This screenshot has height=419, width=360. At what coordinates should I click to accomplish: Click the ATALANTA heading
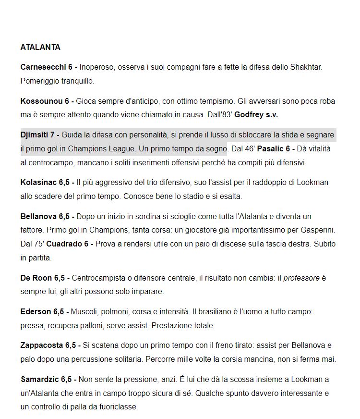pyautogui.click(x=40, y=48)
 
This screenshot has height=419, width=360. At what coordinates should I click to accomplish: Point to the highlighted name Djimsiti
pyautogui.click(x=34, y=135)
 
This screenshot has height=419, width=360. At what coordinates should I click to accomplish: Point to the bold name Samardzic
pyautogui.click(x=41, y=379)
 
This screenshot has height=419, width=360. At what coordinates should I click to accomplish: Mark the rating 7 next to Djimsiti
pyautogui.click(x=52, y=135)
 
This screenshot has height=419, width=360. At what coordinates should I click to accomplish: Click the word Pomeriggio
pyautogui.click(x=40, y=81)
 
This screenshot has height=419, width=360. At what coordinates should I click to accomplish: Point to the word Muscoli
pyautogui.click(x=84, y=312)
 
